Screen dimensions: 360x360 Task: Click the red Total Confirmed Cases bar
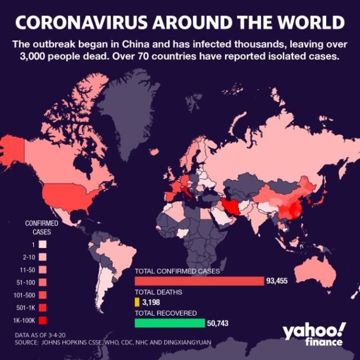tap(199, 281)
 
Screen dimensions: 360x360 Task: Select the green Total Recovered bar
tap(169, 323)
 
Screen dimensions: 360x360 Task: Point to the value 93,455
tap(277, 281)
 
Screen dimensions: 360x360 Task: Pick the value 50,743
tap(217, 323)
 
